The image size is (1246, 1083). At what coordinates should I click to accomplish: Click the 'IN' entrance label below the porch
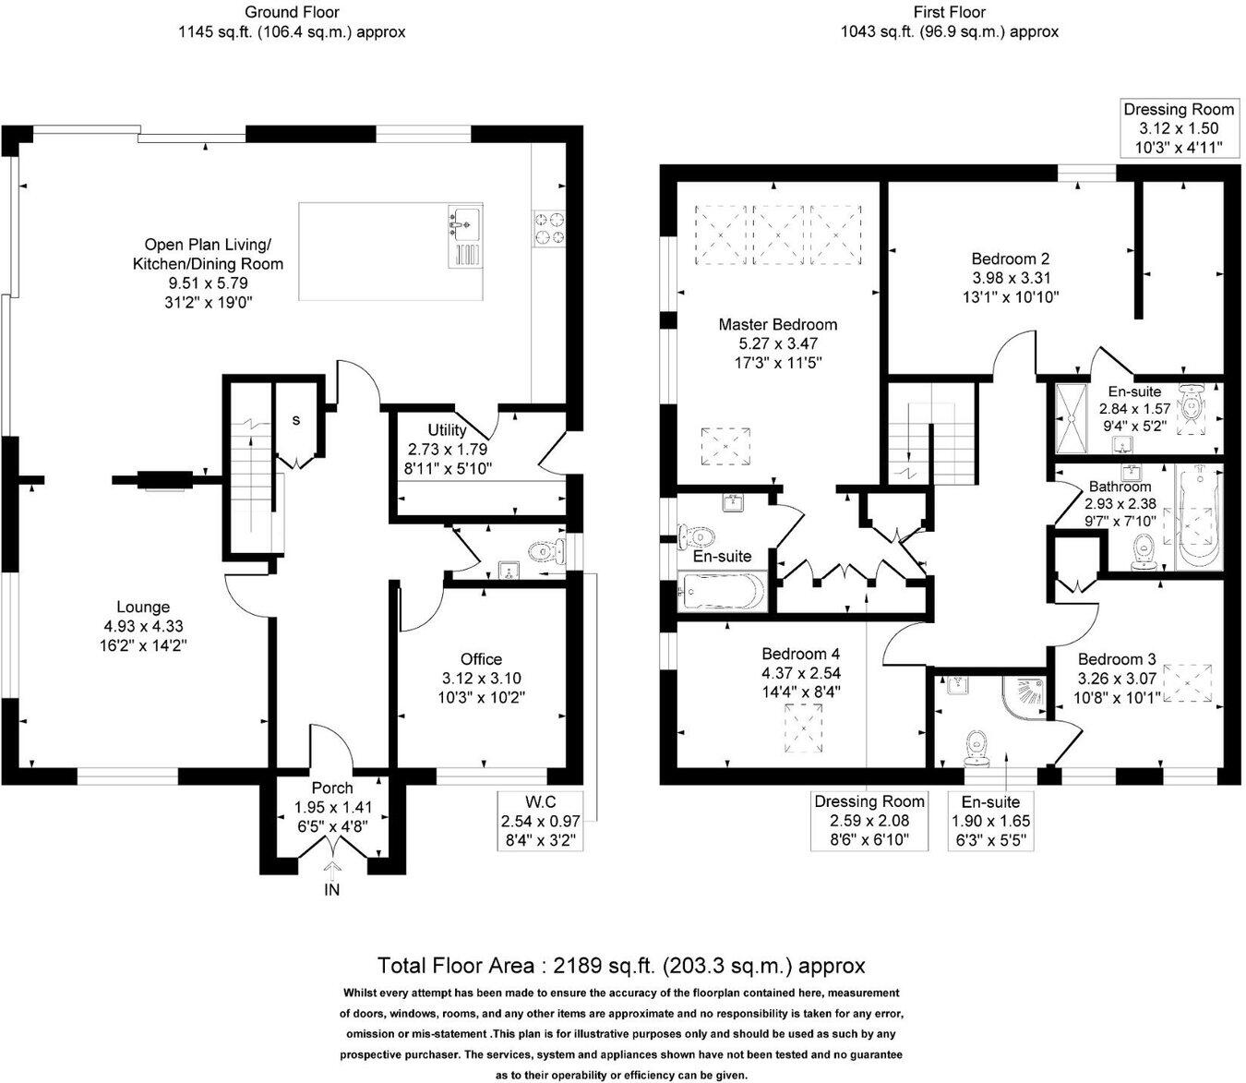(x=331, y=890)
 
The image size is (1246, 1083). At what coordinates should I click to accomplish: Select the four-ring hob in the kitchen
(x=548, y=228)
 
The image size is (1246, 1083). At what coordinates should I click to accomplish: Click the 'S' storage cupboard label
(x=296, y=420)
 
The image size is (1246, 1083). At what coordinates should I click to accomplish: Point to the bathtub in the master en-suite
(x=721, y=592)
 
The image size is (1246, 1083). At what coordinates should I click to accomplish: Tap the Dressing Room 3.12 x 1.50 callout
(x=1178, y=129)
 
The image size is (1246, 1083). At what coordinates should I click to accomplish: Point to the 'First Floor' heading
(x=949, y=12)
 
